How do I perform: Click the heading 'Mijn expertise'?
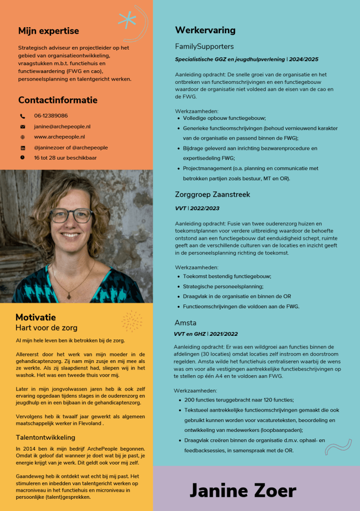[x=48, y=31]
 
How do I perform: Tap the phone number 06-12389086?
[x=51, y=116]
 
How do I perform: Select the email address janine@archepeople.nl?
[x=62, y=126]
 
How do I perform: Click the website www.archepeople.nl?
[x=59, y=137]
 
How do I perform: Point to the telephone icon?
[x=22, y=116]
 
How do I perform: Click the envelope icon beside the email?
[x=22, y=126]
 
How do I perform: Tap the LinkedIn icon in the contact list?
[x=22, y=148]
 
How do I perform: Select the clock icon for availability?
[x=22, y=158]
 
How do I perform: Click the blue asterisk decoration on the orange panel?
[x=127, y=19]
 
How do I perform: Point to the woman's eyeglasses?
[x=71, y=215]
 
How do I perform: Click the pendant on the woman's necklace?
[x=69, y=296]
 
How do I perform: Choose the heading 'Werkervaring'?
[x=205, y=30]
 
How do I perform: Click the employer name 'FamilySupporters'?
[x=204, y=46]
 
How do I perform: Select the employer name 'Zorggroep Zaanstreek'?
[x=212, y=194]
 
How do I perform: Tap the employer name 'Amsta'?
[x=185, y=323]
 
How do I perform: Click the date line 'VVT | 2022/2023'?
[x=197, y=208]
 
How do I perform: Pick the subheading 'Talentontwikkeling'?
[x=45, y=437]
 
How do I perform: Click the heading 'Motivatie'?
[x=36, y=317]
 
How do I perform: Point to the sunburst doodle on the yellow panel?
[x=132, y=321]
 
